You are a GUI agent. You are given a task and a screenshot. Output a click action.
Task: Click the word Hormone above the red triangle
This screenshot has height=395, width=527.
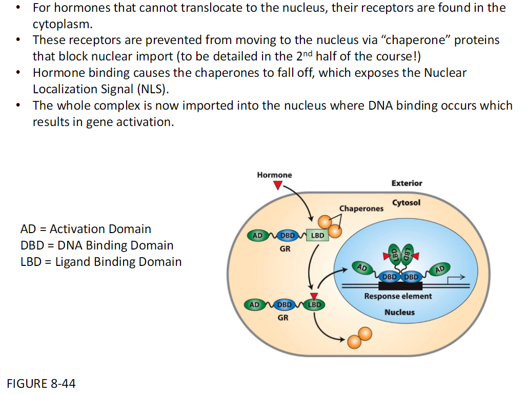(274, 175)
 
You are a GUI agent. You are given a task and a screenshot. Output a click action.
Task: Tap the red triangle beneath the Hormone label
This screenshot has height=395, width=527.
(277, 185)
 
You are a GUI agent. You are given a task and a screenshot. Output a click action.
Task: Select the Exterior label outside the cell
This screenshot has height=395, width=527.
(407, 183)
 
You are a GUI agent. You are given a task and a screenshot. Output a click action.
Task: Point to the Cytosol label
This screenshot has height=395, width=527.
(406, 202)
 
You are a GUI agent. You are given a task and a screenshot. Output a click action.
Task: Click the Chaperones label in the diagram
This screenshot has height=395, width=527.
(361, 209)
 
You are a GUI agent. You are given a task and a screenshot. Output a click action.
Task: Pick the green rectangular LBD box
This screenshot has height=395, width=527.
(317, 236)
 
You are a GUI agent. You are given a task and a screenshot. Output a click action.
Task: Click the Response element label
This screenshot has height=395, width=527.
(398, 296)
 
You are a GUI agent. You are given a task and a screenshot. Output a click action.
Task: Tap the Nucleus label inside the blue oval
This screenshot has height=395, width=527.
(399, 312)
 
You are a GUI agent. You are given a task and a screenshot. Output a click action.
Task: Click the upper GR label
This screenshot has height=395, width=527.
(286, 249)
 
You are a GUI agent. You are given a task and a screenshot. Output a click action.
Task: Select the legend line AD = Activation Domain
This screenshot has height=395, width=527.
(86, 229)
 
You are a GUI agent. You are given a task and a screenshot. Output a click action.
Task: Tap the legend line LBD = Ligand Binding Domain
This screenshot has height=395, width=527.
(101, 262)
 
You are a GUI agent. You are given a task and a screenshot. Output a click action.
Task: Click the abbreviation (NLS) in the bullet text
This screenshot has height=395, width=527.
(151, 89)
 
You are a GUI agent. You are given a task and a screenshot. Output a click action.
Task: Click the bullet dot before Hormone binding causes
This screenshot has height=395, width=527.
(19, 73)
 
